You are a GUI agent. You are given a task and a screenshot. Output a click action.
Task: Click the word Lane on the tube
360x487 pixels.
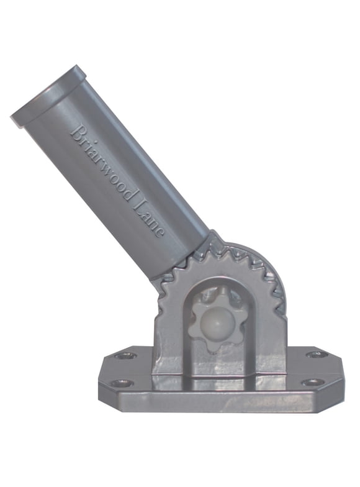point(152,219)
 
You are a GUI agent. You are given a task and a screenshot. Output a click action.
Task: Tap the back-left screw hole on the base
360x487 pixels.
point(127,355)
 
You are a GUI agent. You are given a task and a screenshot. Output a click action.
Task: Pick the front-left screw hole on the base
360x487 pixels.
point(122,383)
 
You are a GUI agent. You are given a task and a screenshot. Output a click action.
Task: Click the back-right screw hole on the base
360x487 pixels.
point(317,354)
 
